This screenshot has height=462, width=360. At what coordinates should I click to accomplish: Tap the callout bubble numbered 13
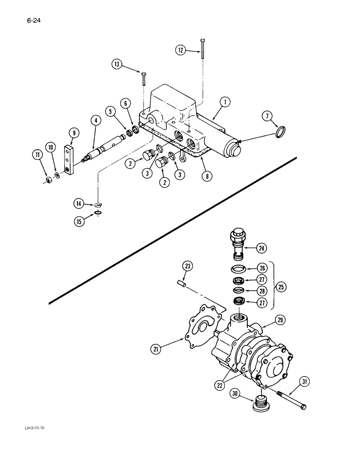tap(118, 65)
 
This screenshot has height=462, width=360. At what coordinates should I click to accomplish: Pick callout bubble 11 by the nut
tap(36, 155)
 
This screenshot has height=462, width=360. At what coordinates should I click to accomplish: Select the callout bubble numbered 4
tap(96, 121)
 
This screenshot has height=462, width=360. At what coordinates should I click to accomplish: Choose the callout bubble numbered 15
tap(79, 221)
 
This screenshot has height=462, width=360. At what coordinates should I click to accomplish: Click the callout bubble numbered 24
tap(262, 249)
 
